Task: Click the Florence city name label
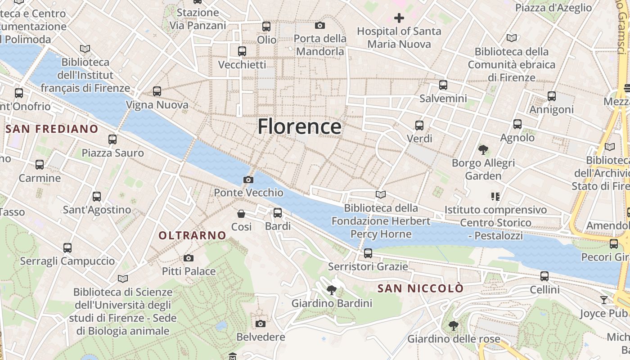click(299, 126)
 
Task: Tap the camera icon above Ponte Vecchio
click(248, 180)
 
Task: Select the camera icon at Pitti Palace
click(189, 258)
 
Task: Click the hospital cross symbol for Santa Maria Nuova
click(399, 18)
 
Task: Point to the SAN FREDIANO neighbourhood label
click(52, 129)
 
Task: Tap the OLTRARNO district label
click(192, 235)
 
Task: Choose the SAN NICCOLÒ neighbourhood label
click(420, 288)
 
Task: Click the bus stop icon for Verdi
click(419, 125)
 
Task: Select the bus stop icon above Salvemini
click(443, 85)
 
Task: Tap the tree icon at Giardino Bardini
click(332, 290)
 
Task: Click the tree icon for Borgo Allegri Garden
click(483, 149)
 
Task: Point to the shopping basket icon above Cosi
click(241, 214)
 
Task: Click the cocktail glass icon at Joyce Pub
click(604, 300)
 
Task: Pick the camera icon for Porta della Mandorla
click(320, 26)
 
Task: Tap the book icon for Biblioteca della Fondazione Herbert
click(381, 195)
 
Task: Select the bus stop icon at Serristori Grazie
click(368, 253)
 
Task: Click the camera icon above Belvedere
click(260, 324)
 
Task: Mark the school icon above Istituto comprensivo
click(495, 196)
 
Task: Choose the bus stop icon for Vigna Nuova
click(157, 91)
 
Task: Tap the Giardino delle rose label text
click(454, 339)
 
